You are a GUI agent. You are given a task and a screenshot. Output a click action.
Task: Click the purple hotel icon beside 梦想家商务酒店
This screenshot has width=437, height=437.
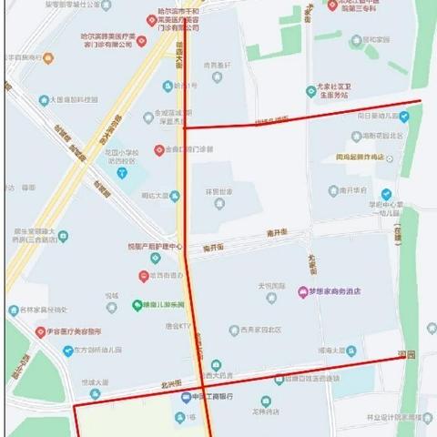pyautogui.click(x=302, y=291)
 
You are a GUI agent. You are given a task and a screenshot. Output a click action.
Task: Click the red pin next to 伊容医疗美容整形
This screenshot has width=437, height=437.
pyautogui.click(x=40, y=332)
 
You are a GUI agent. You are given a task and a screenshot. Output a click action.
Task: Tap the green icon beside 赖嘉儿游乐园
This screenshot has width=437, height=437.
pyautogui.click(x=137, y=305)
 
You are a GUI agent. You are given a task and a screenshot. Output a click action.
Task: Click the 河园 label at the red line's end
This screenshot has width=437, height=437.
pyautogui.click(x=405, y=354)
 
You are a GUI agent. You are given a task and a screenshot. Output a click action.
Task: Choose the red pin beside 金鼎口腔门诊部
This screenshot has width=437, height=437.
pyautogui.click(x=159, y=149)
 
